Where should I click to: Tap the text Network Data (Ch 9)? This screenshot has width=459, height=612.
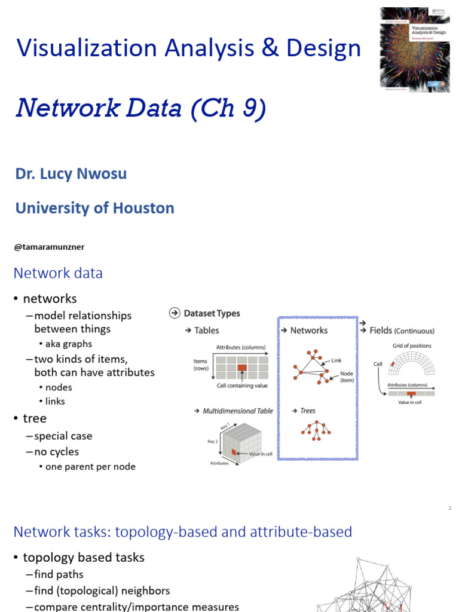click(140, 108)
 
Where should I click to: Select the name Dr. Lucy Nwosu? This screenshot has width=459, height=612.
click(71, 174)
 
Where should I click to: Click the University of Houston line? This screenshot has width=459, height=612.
click(94, 208)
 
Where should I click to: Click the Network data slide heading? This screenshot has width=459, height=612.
click(58, 273)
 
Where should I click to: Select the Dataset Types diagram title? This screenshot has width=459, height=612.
click(212, 313)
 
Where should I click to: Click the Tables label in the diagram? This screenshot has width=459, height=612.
click(206, 331)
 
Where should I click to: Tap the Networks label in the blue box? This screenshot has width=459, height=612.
click(308, 331)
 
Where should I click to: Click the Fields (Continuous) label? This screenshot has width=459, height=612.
click(402, 331)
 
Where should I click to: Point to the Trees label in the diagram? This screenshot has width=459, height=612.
click(308, 411)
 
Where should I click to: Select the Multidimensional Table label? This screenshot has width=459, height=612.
click(237, 411)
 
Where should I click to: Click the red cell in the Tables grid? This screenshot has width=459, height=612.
click(242, 368)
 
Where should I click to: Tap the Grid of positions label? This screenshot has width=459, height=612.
click(412, 345)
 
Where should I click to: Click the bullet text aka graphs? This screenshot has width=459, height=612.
click(69, 344)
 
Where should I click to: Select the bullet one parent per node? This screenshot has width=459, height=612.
click(90, 467)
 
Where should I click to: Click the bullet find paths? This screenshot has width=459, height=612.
click(59, 574)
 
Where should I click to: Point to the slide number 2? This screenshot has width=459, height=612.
click(449, 508)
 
